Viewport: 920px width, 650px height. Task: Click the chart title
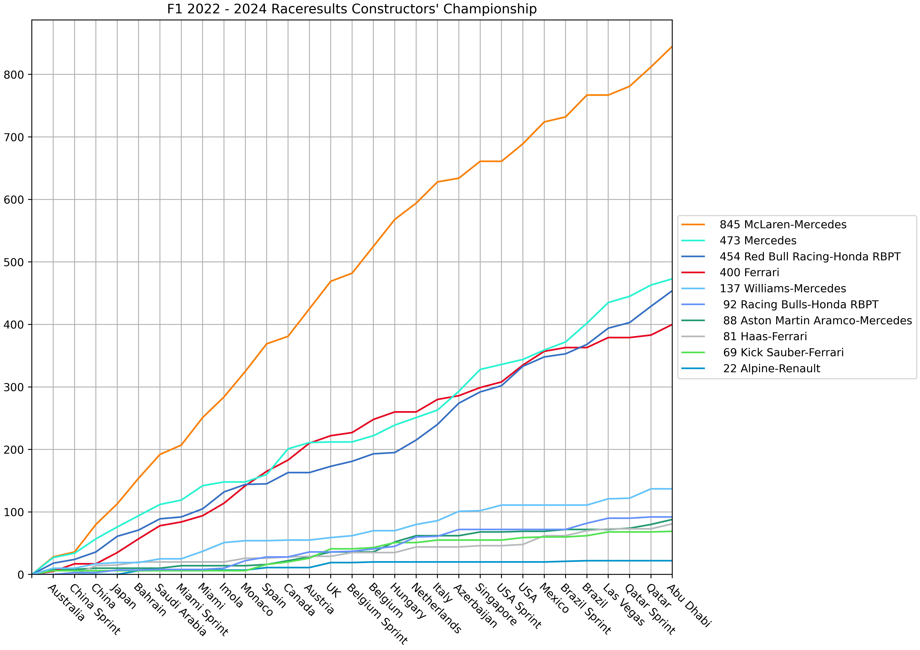[352, 9]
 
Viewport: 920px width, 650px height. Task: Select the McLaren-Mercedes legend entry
[783, 224]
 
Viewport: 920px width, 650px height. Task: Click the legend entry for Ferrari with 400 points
[749, 273]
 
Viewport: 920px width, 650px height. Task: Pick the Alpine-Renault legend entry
[771, 369]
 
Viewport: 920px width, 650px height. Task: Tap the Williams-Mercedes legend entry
[783, 289]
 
